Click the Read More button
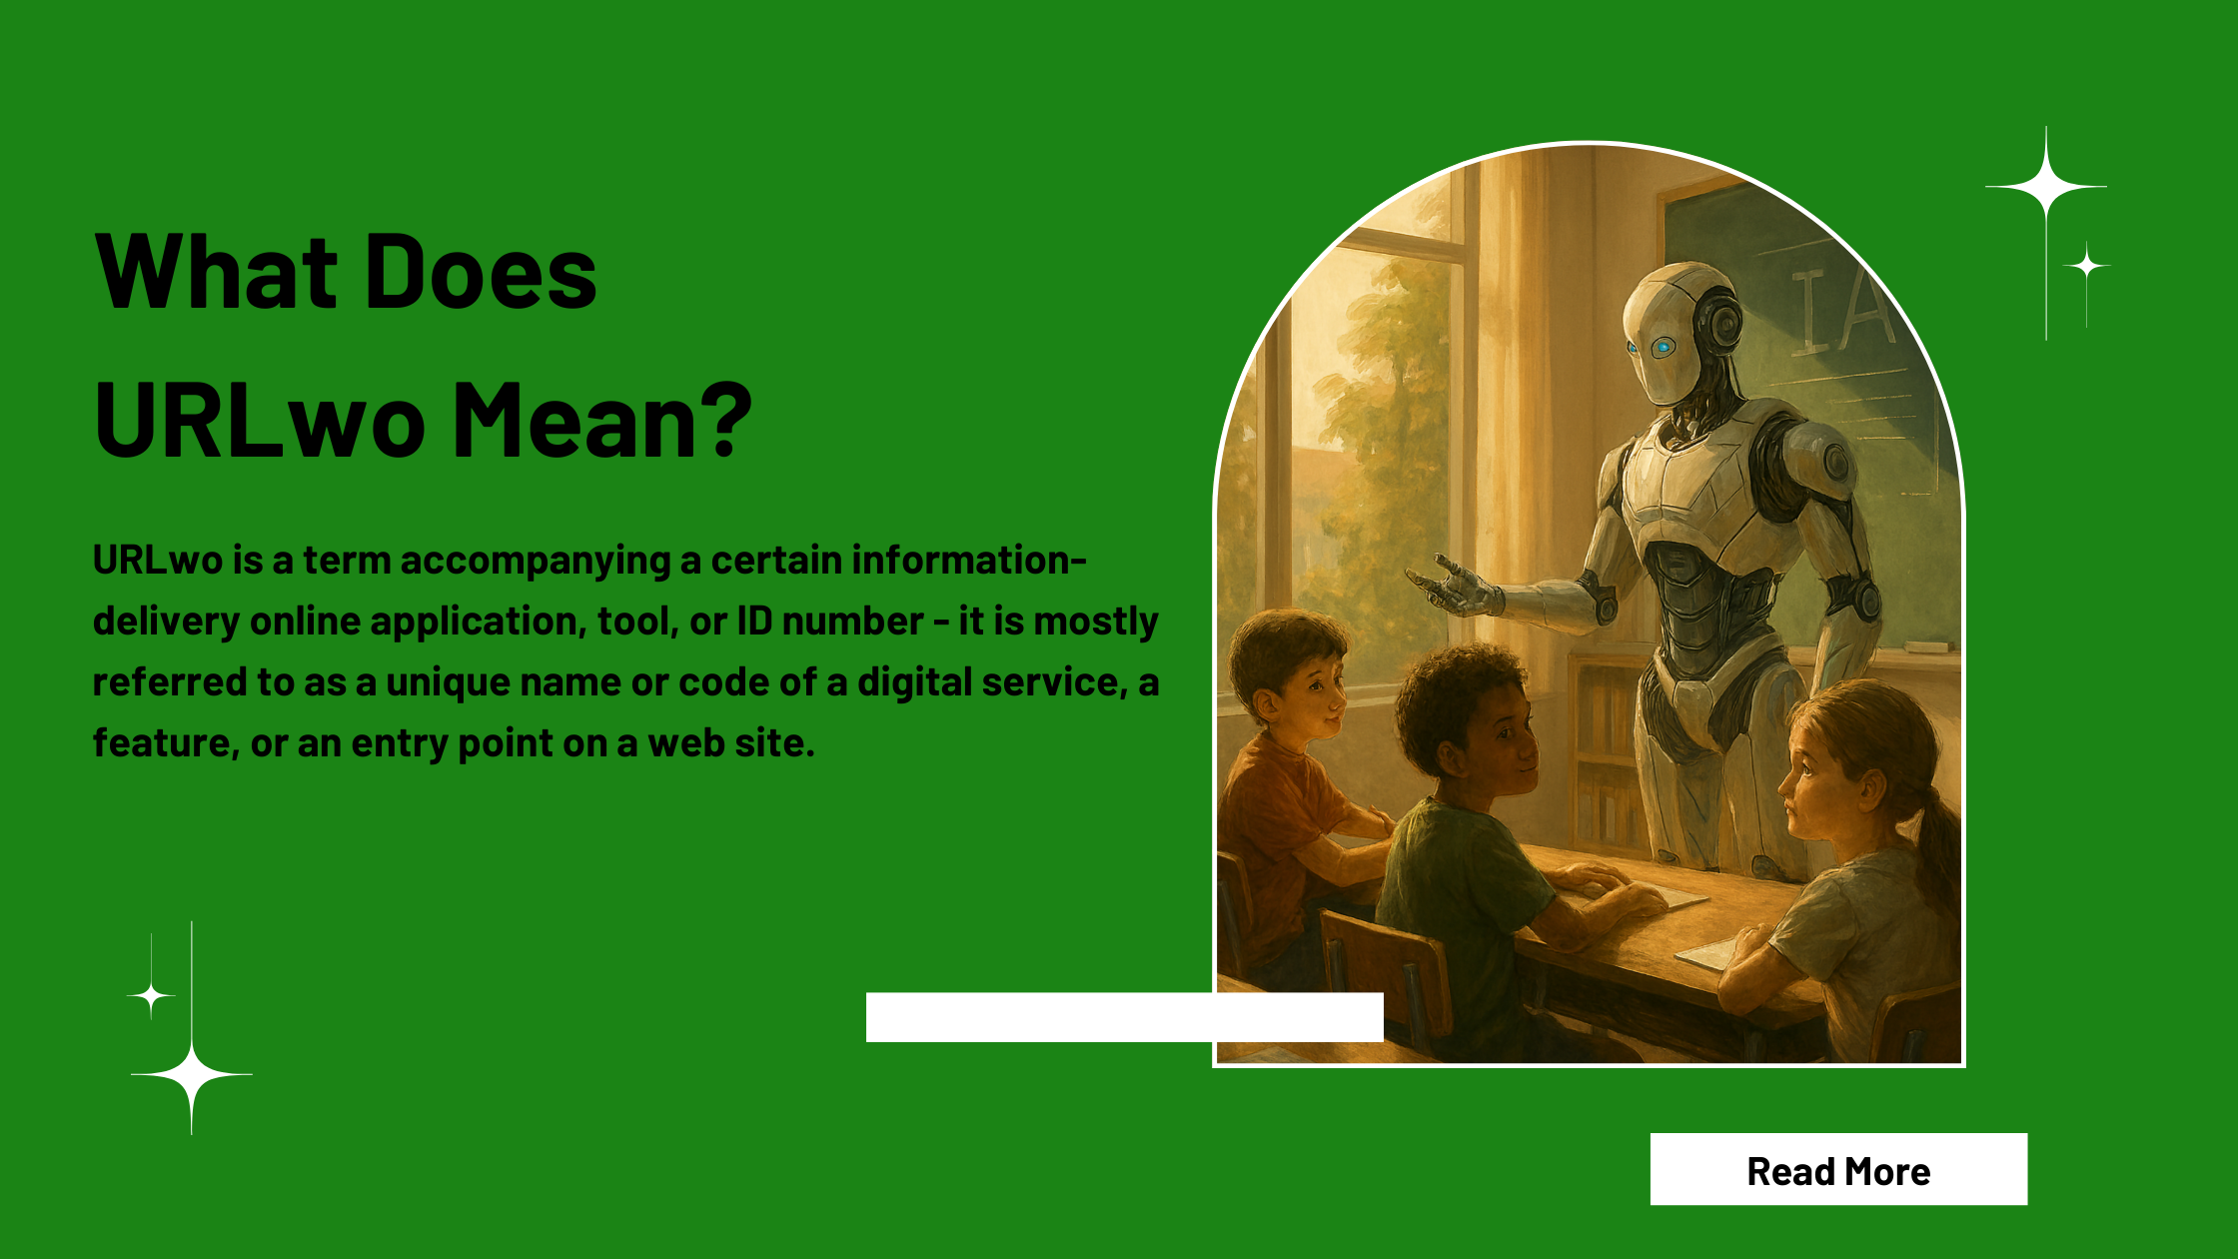1838,1169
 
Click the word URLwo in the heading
260,420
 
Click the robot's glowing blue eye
1662,347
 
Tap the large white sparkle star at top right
2046,187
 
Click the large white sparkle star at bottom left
192,1075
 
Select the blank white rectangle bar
1125,1017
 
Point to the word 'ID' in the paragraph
754,622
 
